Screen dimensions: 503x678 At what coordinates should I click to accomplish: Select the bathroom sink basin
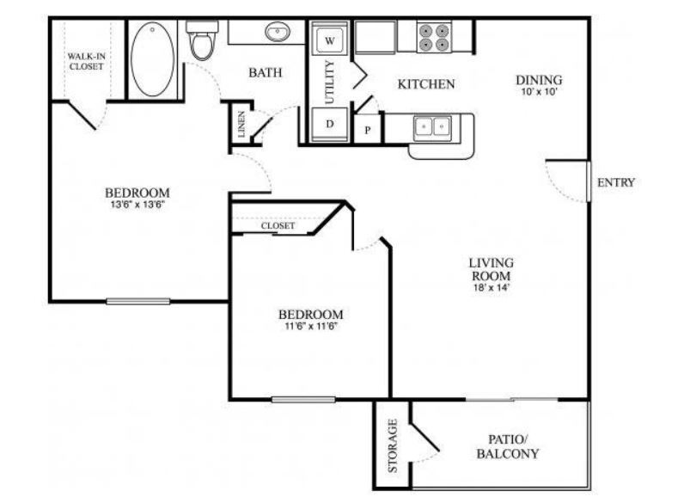point(276,34)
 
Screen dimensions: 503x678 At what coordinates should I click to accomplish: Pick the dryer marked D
point(330,124)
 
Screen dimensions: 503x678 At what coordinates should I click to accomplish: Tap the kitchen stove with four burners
point(434,36)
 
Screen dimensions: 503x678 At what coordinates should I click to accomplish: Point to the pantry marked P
point(368,129)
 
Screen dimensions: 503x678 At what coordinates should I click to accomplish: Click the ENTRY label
point(615,182)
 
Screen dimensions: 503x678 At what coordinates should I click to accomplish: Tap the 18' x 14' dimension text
point(491,288)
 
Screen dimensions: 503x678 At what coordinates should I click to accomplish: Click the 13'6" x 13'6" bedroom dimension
point(137,205)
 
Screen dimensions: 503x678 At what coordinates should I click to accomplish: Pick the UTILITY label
point(331,82)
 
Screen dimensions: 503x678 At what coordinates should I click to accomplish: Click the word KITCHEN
point(426,84)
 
